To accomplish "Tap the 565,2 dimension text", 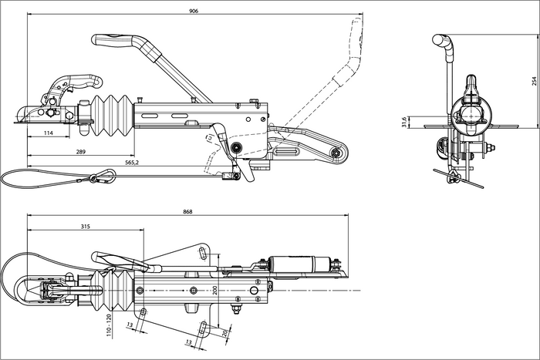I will pyautogui.click(x=132, y=163).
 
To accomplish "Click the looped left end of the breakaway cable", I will pyautogui.click(x=9, y=178).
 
